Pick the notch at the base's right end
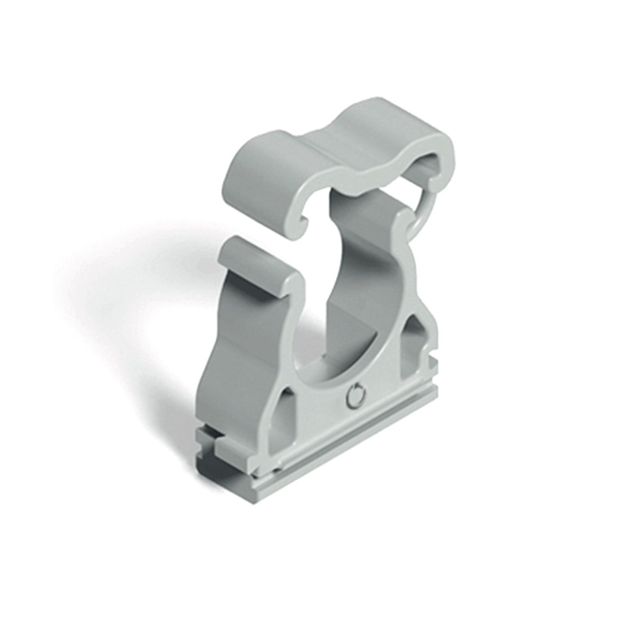(434, 366)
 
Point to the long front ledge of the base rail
(347, 446)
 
